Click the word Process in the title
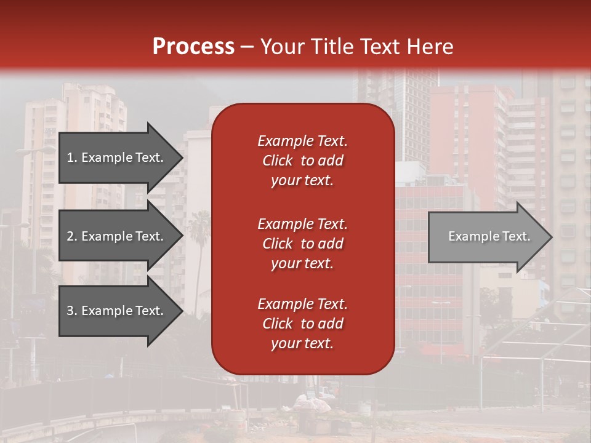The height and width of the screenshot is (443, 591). point(193,47)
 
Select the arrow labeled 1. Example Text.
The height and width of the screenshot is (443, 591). point(117,158)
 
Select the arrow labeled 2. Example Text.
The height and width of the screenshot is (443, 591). point(117,236)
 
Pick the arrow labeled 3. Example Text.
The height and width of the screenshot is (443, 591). point(117,311)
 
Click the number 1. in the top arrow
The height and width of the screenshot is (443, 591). point(72,158)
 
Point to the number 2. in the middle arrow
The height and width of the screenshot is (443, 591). point(72,236)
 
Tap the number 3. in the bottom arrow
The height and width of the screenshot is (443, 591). point(72,311)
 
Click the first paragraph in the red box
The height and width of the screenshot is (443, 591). point(302,161)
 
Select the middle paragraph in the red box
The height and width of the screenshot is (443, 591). point(302,244)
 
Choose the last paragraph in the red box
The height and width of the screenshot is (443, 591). point(302,324)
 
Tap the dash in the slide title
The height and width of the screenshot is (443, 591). point(247,47)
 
